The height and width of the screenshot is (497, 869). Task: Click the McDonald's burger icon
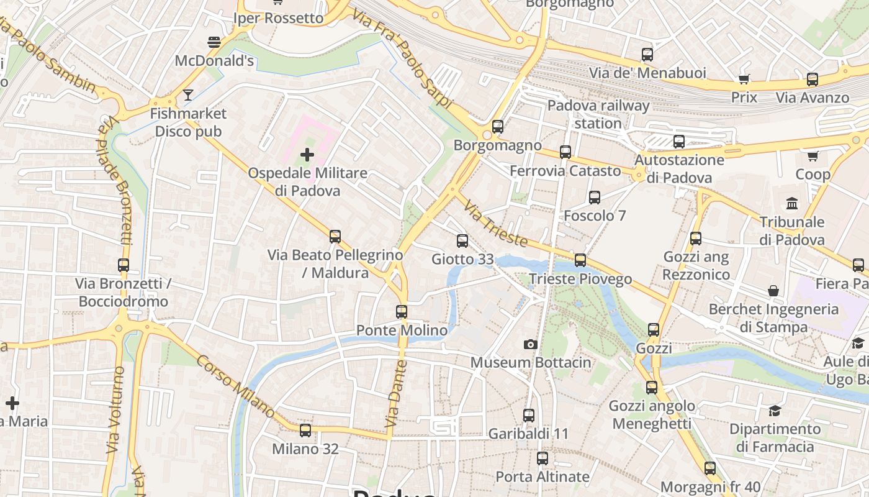click(x=214, y=42)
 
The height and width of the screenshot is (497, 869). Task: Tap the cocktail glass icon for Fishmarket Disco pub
click(x=188, y=95)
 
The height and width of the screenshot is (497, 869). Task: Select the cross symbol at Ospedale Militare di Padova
click(x=307, y=155)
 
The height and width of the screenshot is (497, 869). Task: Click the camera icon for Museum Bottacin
click(x=530, y=344)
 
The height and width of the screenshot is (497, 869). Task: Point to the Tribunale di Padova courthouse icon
click(x=792, y=204)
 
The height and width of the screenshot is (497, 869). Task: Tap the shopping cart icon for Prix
click(x=744, y=79)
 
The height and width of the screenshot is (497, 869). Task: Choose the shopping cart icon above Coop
click(x=813, y=156)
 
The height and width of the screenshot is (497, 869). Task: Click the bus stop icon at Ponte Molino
click(x=402, y=312)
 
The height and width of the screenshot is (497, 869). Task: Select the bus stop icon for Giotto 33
click(x=462, y=241)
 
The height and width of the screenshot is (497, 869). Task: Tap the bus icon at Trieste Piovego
click(x=580, y=260)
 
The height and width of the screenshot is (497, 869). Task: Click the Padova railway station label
click(x=598, y=114)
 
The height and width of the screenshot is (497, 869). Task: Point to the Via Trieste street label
click(x=495, y=224)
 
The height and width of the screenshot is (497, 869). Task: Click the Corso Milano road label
click(x=236, y=386)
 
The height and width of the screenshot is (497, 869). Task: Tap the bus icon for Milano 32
click(x=305, y=431)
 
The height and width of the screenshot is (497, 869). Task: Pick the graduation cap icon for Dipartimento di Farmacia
click(x=775, y=411)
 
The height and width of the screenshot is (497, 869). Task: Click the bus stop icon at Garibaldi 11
click(x=529, y=416)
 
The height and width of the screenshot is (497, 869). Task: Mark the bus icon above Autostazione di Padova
click(x=679, y=142)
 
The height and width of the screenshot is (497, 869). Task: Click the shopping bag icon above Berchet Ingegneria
click(x=773, y=291)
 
